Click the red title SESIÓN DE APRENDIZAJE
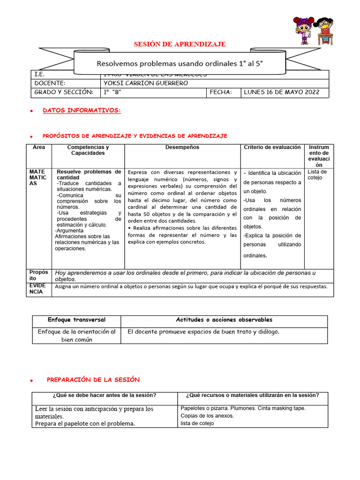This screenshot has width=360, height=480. click(x=180, y=44)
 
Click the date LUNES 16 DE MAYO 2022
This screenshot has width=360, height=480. click(x=282, y=92)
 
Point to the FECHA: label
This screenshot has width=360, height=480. click(x=221, y=92)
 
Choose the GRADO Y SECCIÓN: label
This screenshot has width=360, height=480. click(x=64, y=92)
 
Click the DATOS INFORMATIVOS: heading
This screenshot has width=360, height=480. click(x=82, y=111)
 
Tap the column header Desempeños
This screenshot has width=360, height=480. click(x=182, y=147)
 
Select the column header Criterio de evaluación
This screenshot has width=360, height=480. click(x=272, y=147)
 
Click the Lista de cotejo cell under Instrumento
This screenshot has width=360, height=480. click(x=317, y=174)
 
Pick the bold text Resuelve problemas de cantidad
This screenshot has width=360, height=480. click(x=89, y=175)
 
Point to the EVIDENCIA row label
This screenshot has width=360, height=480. click(x=38, y=288)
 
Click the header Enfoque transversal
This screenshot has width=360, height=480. click(x=76, y=320)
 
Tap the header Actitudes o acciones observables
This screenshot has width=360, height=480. click(x=224, y=320)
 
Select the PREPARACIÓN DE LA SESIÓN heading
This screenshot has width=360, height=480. click(x=93, y=379)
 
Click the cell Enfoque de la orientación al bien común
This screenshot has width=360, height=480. click(x=76, y=336)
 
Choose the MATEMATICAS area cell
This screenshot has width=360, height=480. click(x=38, y=178)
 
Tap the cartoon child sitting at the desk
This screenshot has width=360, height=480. click(x=323, y=30)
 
